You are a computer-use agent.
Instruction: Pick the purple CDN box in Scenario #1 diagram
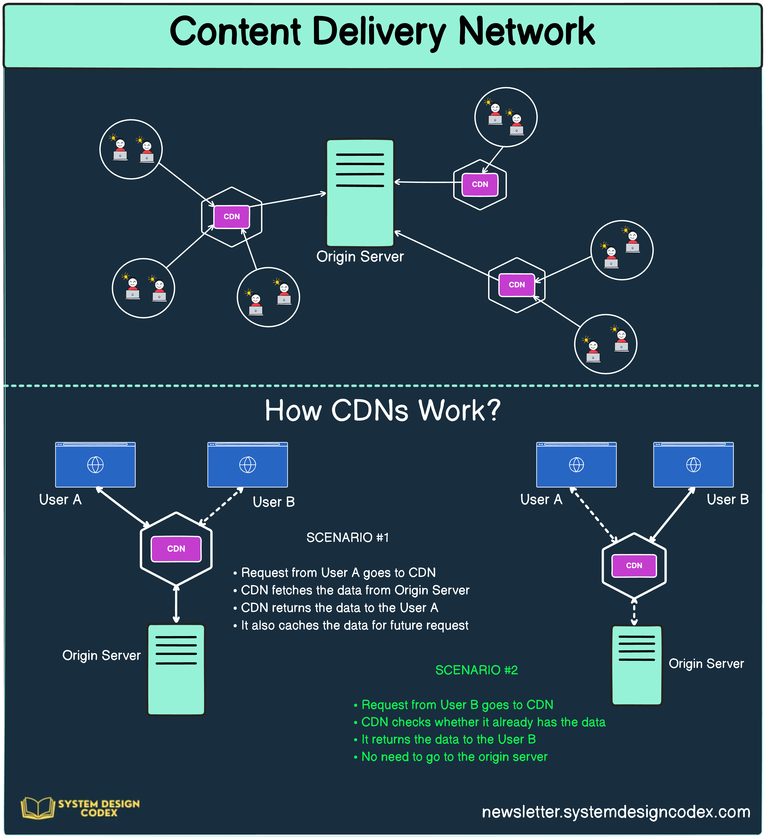176,548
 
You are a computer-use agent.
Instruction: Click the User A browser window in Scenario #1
95,464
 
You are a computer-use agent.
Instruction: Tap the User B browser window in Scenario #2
693,464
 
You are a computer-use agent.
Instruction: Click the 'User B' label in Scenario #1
274,502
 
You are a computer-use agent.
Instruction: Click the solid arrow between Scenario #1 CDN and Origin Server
176,604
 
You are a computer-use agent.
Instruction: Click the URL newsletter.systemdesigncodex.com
616,811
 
